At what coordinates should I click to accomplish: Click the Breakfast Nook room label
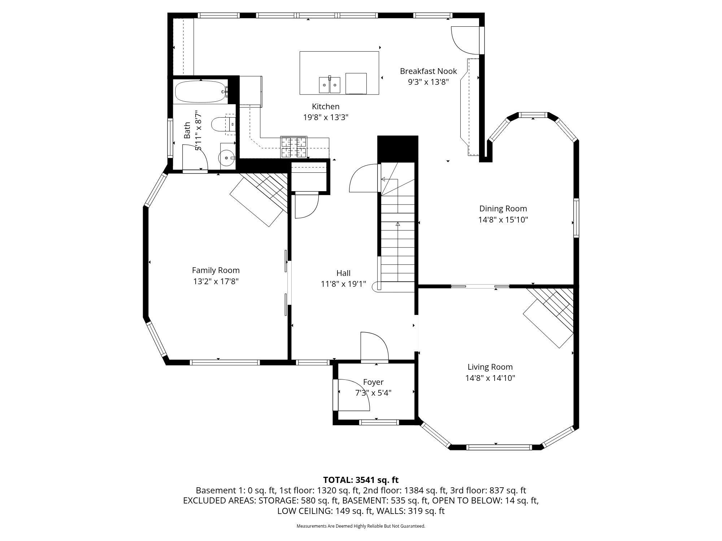pyautogui.click(x=428, y=71)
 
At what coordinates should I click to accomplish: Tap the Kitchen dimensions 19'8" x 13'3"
pyautogui.click(x=326, y=117)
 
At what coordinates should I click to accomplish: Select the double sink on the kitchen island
pyautogui.click(x=329, y=85)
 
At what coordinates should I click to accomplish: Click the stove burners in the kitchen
pyautogui.click(x=293, y=147)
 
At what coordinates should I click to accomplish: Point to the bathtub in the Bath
pyautogui.click(x=200, y=92)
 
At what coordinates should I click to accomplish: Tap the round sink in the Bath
pyautogui.click(x=227, y=158)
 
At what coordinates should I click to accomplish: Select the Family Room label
pyautogui.click(x=216, y=270)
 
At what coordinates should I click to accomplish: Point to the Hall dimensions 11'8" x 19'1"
pyautogui.click(x=343, y=284)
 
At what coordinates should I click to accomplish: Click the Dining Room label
pyautogui.click(x=503, y=208)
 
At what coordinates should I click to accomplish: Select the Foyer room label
pyautogui.click(x=373, y=382)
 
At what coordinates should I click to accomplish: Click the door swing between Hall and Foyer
pyautogui.click(x=374, y=346)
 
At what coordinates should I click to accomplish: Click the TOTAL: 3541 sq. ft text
pyautogui.click(x=361, y=480)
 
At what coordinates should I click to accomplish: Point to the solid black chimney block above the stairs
pyautogui.click(x=397, y=149)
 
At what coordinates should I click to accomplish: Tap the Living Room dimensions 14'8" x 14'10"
pyautogui.click(x=490, y=378)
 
